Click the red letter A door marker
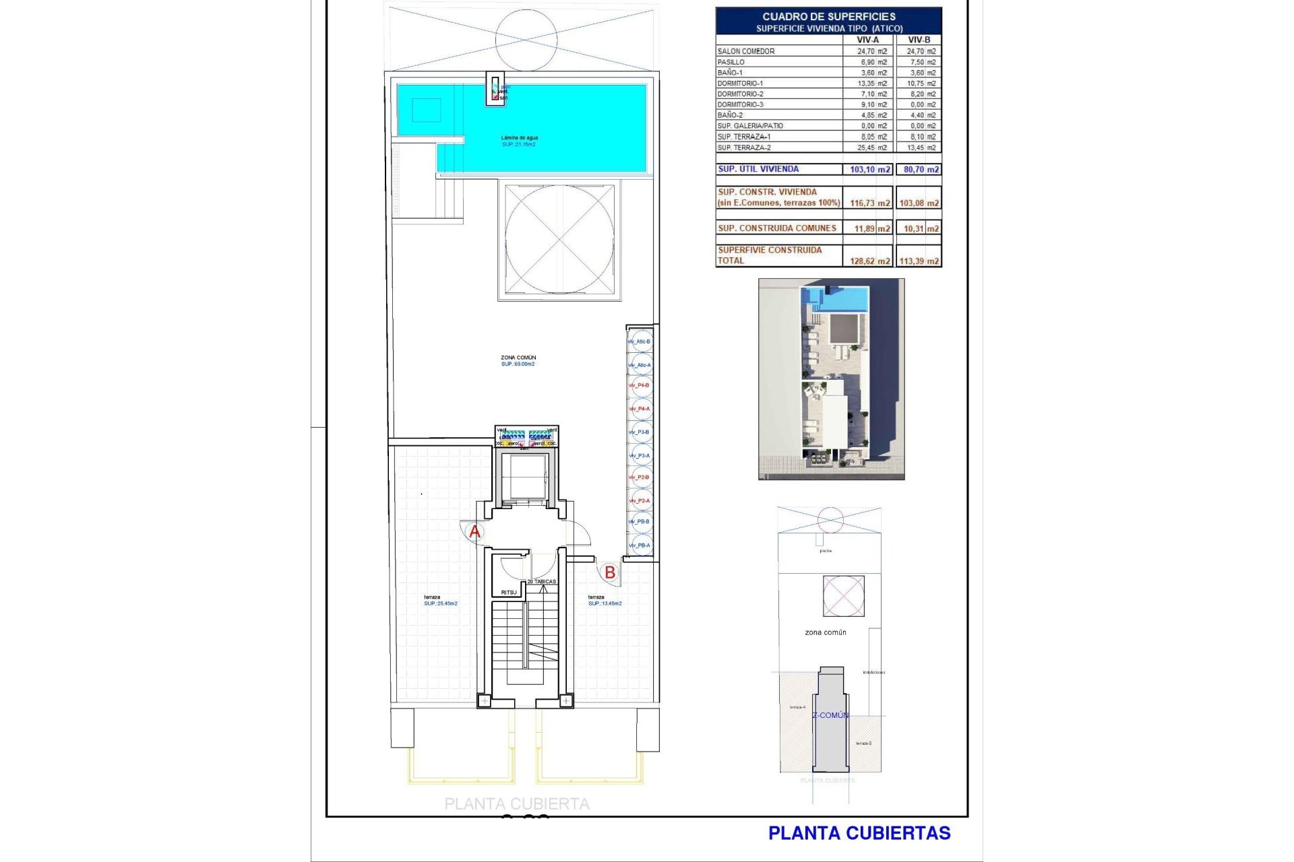point(474,532)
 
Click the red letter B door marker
point(610,572)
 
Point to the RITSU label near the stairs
point(509,593)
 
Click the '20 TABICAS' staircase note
point(542,581)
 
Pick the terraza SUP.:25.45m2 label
point(440,600)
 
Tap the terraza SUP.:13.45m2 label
point(605,600)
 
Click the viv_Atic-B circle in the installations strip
point(640,341)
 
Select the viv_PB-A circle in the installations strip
point(640,545)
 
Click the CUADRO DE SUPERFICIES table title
point(829,16)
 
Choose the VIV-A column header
point(867,40)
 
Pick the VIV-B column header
point(919,40)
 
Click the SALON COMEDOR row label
point(746,51)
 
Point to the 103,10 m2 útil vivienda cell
point(869,169)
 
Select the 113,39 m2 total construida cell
point(919,261)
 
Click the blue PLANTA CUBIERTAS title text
point(859,833)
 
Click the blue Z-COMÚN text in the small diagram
point(830,715)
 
